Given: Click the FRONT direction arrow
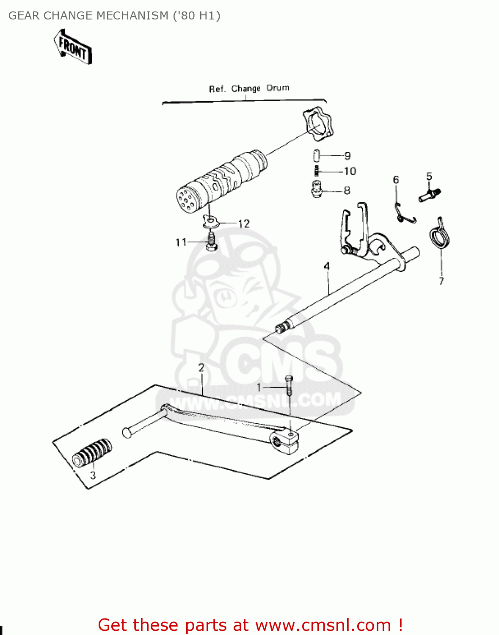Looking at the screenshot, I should (73, 47).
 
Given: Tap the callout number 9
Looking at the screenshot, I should (347, 156).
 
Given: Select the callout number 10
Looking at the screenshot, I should (350, 171).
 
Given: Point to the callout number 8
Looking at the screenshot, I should (347, 190).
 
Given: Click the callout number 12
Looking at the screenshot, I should (244, 224).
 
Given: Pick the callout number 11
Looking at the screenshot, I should (181, 242).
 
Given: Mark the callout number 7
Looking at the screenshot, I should (441, 281).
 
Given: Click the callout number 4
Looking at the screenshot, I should (327, 266).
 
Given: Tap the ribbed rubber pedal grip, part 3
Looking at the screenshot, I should (92, 453).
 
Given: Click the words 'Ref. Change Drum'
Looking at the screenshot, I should (249, 88).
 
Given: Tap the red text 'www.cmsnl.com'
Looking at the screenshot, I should (323, 625).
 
